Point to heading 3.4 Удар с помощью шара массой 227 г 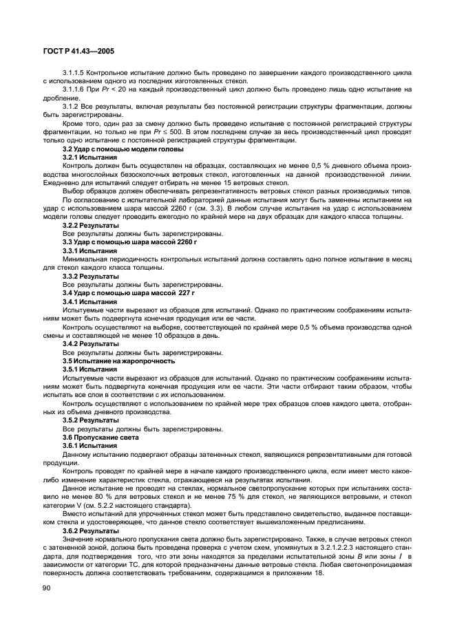click(118, 293)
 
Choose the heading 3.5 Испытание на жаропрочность click(109, 361)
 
